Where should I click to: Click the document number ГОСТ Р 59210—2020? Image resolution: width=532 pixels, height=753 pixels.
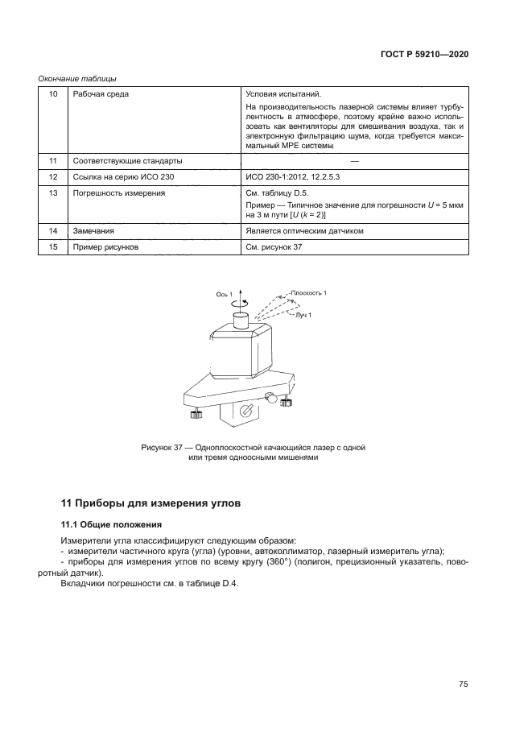423,54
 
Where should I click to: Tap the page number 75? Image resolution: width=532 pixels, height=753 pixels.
463,685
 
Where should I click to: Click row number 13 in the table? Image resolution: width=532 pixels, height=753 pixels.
53,193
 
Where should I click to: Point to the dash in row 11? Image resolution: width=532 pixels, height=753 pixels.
355,160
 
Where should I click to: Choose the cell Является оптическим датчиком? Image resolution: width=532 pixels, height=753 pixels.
305,230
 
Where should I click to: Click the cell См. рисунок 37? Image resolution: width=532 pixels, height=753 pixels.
274,247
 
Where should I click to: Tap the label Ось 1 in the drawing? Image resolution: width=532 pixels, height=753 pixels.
224,295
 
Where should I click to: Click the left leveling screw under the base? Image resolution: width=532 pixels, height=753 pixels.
196,414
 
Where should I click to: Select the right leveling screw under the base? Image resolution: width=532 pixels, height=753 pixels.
284,400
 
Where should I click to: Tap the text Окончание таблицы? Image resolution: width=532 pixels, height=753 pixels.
78,78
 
